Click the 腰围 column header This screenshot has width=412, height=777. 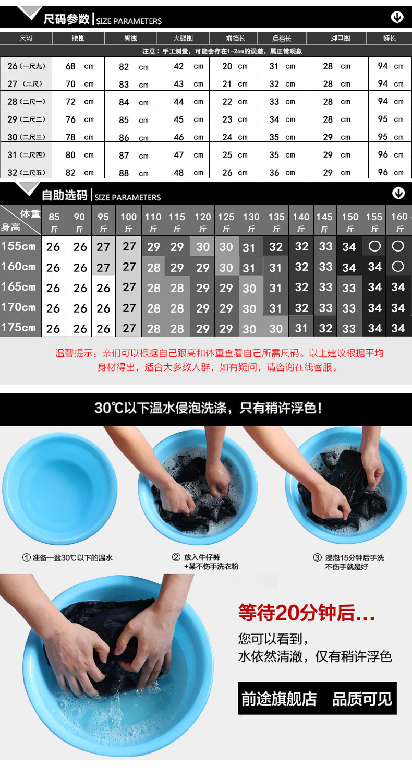click(78, 38)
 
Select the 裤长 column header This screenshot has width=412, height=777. click(390, 38)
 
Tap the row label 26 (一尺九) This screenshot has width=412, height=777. click(27, 66)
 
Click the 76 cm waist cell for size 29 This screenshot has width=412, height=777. click(79, 119)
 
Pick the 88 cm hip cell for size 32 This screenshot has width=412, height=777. click(134, 173)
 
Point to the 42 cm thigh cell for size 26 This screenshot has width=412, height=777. click(188, 66)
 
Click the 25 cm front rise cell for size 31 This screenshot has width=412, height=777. click(235, 154)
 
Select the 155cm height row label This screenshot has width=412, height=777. click(18, 246)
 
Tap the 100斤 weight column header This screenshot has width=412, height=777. click(128, 222)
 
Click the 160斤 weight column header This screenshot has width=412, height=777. click(399, 222)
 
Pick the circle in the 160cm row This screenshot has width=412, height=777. click(398, 267)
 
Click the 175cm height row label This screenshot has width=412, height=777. click(18, 327)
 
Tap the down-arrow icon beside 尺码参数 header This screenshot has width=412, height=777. click(397, 17)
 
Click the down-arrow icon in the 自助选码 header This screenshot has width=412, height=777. click(398, 193)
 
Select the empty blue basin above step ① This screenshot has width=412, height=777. click(59, 488)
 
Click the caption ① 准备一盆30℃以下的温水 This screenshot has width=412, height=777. click(67, 558)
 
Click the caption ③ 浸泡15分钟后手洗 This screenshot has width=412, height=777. click(349, 558)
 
